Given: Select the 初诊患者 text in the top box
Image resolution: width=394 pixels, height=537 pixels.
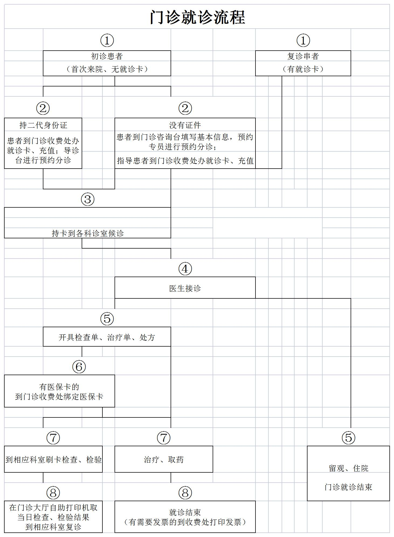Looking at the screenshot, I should [x=107, y=56].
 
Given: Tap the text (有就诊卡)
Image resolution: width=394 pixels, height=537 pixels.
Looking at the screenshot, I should [x=303, y=69].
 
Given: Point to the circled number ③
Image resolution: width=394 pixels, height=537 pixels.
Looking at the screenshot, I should [x=88, y=199].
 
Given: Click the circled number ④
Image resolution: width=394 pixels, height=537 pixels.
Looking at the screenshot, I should [x=185, y=269].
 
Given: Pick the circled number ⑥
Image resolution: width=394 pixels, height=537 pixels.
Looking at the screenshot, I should [x=79, y=367].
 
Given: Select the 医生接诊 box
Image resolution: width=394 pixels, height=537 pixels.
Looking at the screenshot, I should [x=185, y=288].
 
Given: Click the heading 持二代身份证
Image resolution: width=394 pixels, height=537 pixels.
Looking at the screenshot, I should [x=43, y=125].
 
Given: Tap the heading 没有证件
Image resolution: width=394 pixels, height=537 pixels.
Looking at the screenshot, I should [x=185, y=125].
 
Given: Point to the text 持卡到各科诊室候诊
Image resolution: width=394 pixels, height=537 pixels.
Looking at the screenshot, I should [x=88, y=233].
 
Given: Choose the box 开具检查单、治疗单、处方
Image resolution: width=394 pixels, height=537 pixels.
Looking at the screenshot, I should [x=107, y=337].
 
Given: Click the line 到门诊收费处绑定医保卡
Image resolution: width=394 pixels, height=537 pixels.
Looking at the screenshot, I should [x=59, y=397].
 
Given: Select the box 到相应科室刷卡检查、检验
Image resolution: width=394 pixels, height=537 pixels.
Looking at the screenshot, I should [x=53, y=459].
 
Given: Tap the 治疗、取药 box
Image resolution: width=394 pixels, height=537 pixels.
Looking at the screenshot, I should [x=164, y=459].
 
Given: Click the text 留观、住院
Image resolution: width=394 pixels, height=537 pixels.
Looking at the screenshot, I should [x=348, y=468].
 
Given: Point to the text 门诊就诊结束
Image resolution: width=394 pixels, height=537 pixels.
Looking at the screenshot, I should [x=348, y=487].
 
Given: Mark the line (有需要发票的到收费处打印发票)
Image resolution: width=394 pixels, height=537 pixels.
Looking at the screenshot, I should [x=185, y=522].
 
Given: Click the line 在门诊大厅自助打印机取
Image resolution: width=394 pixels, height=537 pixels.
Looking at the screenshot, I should [x=53, y=508].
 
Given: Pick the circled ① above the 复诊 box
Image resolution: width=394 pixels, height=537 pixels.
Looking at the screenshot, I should [x=303, y=40].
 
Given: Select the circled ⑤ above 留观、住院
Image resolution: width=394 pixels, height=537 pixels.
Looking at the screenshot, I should [x=348, y=438].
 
